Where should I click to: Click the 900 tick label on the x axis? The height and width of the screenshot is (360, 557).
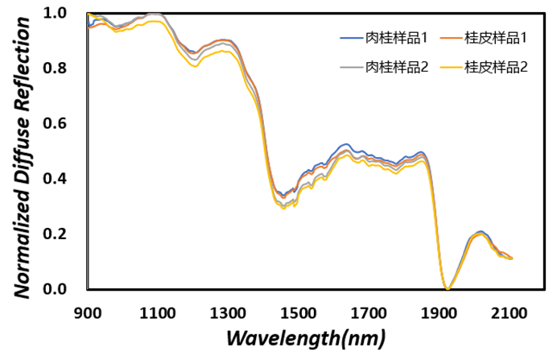click(x=88, y=312)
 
